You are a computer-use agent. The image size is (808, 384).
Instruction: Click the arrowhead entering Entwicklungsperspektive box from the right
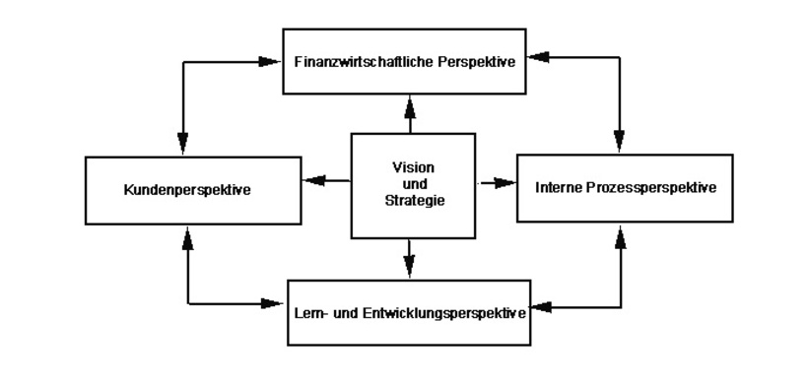[x=538, y=307]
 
